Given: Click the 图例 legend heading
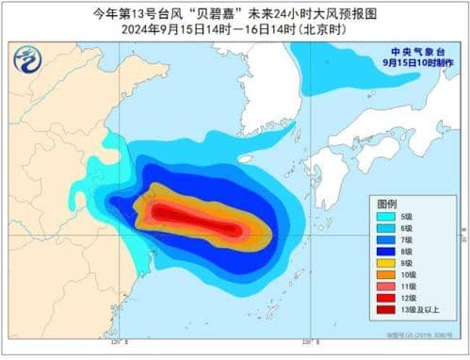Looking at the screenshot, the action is point(387,205).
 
